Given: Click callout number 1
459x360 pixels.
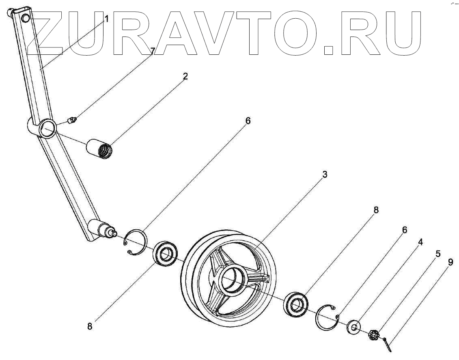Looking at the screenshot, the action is click(x=106, y=19).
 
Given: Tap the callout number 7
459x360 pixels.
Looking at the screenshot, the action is click(x=152, y=51).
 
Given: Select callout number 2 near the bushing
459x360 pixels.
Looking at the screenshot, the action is click(x=185, y=76).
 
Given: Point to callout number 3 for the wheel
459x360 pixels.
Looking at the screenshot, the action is click(x=325, y=175).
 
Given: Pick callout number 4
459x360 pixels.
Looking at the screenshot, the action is click(x=420, y=242).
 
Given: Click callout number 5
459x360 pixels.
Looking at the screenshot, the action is click(x=437, y=254).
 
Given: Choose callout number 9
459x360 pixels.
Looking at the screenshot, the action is click(x=450, y=263).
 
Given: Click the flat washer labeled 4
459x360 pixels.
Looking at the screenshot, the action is click(x=354, y=327).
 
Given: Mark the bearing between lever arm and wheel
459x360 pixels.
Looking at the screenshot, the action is click(x=164, y=256).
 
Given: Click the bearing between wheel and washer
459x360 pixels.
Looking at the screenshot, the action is click(x=296, y=304).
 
